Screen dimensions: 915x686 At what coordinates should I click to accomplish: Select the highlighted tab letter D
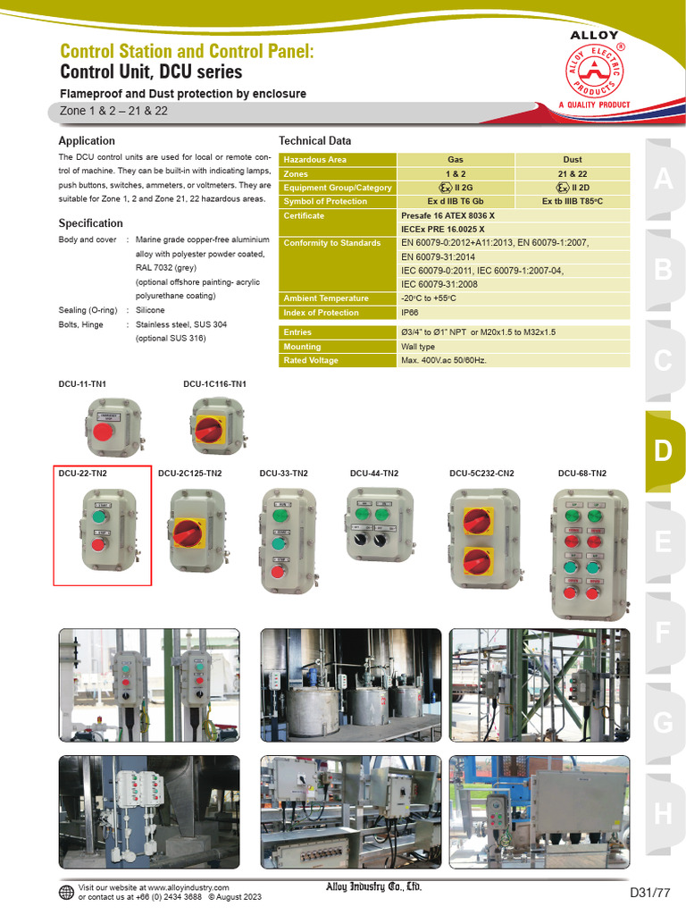(662, 451)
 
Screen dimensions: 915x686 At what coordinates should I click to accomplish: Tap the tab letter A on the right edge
(662, 179)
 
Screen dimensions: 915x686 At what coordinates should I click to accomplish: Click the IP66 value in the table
(411, 313)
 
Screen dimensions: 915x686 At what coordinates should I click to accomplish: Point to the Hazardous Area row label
(315, 159)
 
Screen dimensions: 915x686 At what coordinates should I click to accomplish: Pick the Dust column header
(573, 159)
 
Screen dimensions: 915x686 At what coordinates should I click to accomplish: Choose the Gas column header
(456, 159)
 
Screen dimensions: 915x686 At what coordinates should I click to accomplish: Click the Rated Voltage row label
(311, 361)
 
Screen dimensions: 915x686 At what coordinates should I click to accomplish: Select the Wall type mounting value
(418, 347)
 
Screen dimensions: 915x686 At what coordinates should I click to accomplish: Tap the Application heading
(87, 141)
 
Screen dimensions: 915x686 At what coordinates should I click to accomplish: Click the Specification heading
(90, 223)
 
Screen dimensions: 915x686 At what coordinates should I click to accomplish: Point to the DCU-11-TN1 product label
(82, 384)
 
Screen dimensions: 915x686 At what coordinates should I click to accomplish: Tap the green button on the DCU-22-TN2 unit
(100, 516)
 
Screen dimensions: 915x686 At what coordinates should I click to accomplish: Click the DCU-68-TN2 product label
(581, 474)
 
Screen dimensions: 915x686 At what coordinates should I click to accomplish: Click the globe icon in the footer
(67, 892)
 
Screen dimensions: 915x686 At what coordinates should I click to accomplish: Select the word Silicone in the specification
(150, 310)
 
